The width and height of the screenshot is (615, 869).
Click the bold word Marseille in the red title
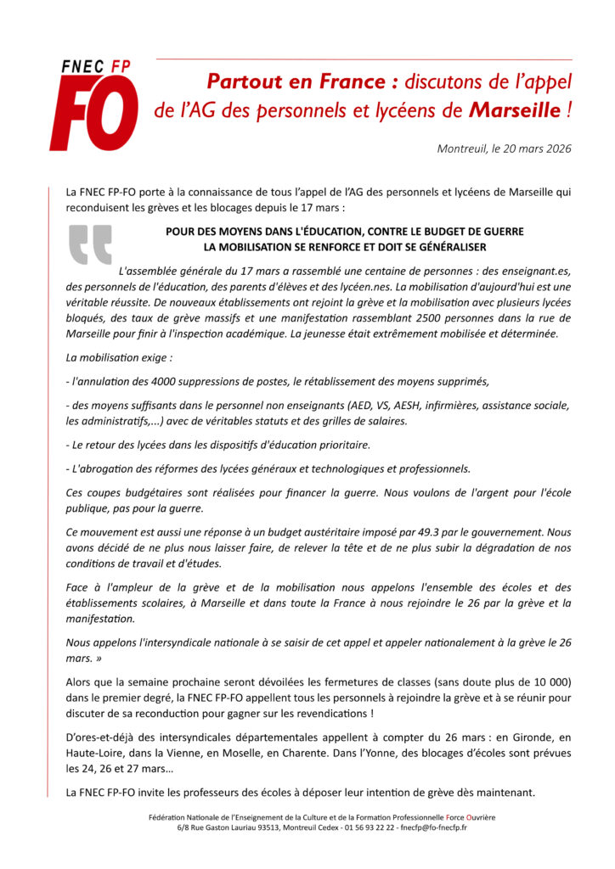click(x=515, y=110)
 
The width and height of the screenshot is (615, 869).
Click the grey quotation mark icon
click(x=90, y=245)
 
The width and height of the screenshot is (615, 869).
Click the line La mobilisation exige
click(x=119, y=358)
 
